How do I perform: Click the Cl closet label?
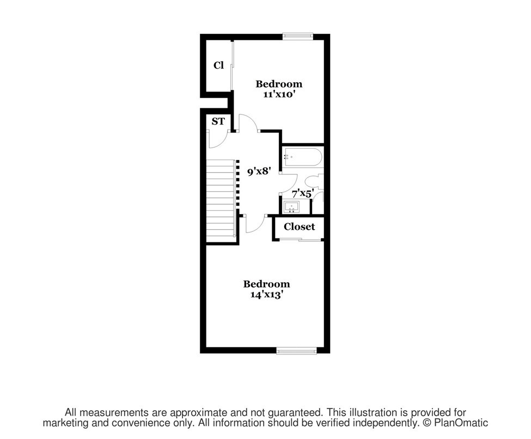(x=218, y=65)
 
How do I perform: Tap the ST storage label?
(x=218, y=121)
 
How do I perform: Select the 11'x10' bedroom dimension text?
(x=279, y=94)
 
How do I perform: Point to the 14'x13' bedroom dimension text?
(x=266, y=294)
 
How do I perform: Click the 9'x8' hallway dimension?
(x=259, y=172)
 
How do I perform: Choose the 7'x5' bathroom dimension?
(x=302, y=193)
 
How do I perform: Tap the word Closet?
(x=299, y=227)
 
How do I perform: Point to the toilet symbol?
(x=314, y=182)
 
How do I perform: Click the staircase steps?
(x=221, y=199)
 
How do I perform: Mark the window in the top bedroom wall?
(x=298, y=36)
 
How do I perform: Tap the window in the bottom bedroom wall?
(x=296, y=351)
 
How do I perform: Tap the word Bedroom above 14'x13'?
(x=266, y=284)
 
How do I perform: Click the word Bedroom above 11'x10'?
(x=279, y=84)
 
